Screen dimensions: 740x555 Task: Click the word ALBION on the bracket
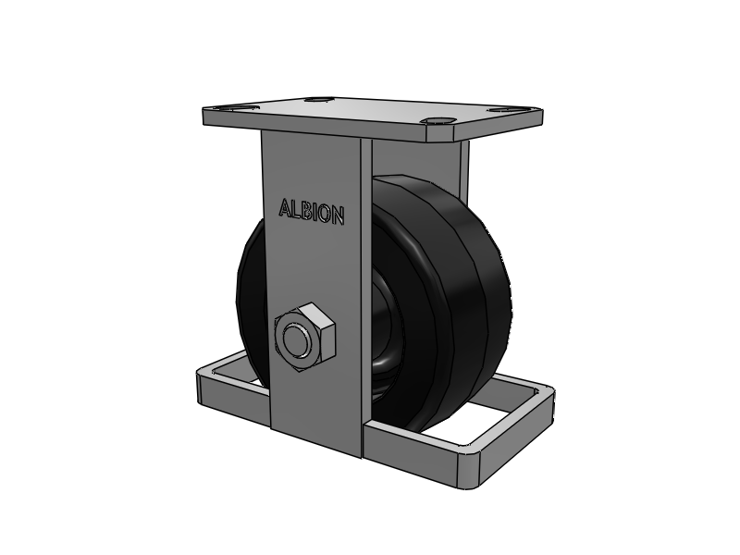click(x=312, y=212)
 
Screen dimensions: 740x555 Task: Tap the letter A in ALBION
click(x=285, y=207)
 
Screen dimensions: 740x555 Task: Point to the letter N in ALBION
click(x=337, y=216)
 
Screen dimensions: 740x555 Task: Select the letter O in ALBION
click(x=323, y=214)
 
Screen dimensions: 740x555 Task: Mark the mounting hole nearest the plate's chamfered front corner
click(x=438, y=121)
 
